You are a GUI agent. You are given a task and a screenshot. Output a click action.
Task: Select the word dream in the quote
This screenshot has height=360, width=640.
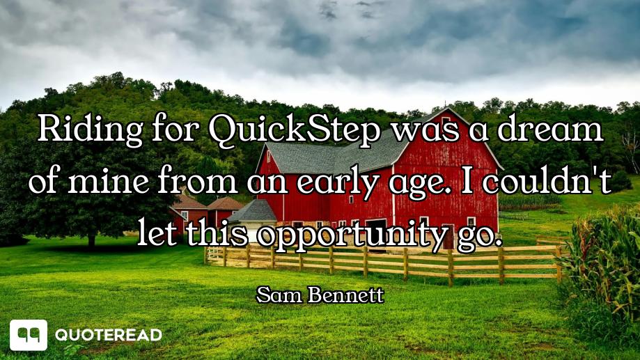pyautogui.click(x=549, y=128)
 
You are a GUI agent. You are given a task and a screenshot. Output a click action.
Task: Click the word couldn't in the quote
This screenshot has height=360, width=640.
pyautogui.click(x=547, y=181)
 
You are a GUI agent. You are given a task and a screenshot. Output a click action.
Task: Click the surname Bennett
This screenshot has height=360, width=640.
pyautogui.click(x=346, y=295)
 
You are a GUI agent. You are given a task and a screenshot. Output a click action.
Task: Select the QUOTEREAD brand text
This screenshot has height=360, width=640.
pyautogui.click(x=109, y=335)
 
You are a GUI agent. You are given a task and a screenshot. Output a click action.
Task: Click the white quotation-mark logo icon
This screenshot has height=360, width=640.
pyautogui.click(x=29, y=335)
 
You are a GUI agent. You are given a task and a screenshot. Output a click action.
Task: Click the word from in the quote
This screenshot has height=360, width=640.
pyautogui.click(x=197, y=181)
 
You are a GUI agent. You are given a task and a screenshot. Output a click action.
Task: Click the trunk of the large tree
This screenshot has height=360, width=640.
pyautogui.click(x=91, y=240)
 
